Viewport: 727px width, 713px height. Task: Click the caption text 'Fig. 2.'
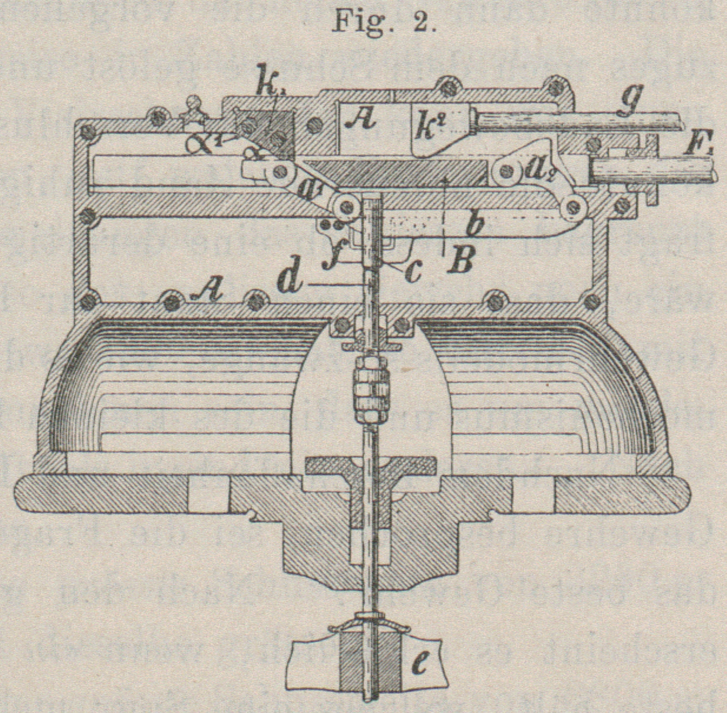[384, 22]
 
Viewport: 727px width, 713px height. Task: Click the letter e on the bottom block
[422, 665]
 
